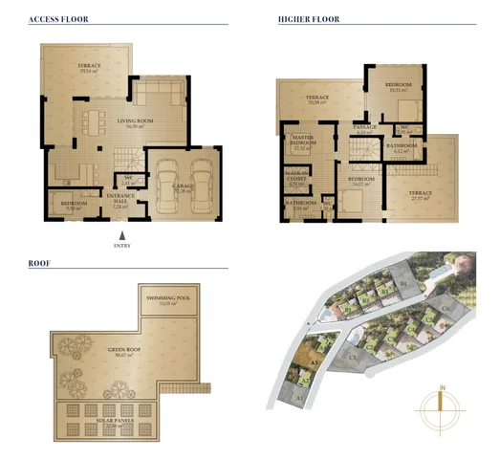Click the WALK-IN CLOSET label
click(296, 176)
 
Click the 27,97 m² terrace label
click(421, 195)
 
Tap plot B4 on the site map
click(403, 284)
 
